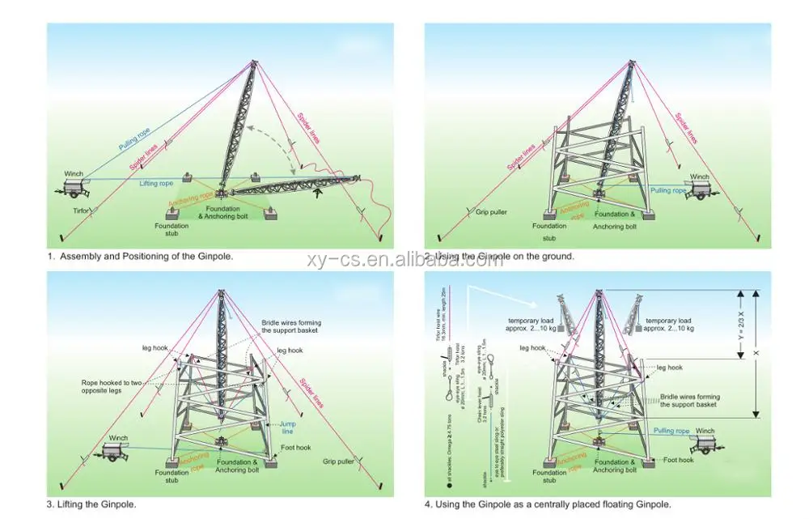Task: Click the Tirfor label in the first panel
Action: tap(81, 210)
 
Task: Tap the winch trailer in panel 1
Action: tap(75, 186)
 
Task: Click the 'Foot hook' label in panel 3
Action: tap(296, 448)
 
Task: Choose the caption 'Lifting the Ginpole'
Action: tap(91, 504)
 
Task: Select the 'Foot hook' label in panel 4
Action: tap(678, 460)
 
